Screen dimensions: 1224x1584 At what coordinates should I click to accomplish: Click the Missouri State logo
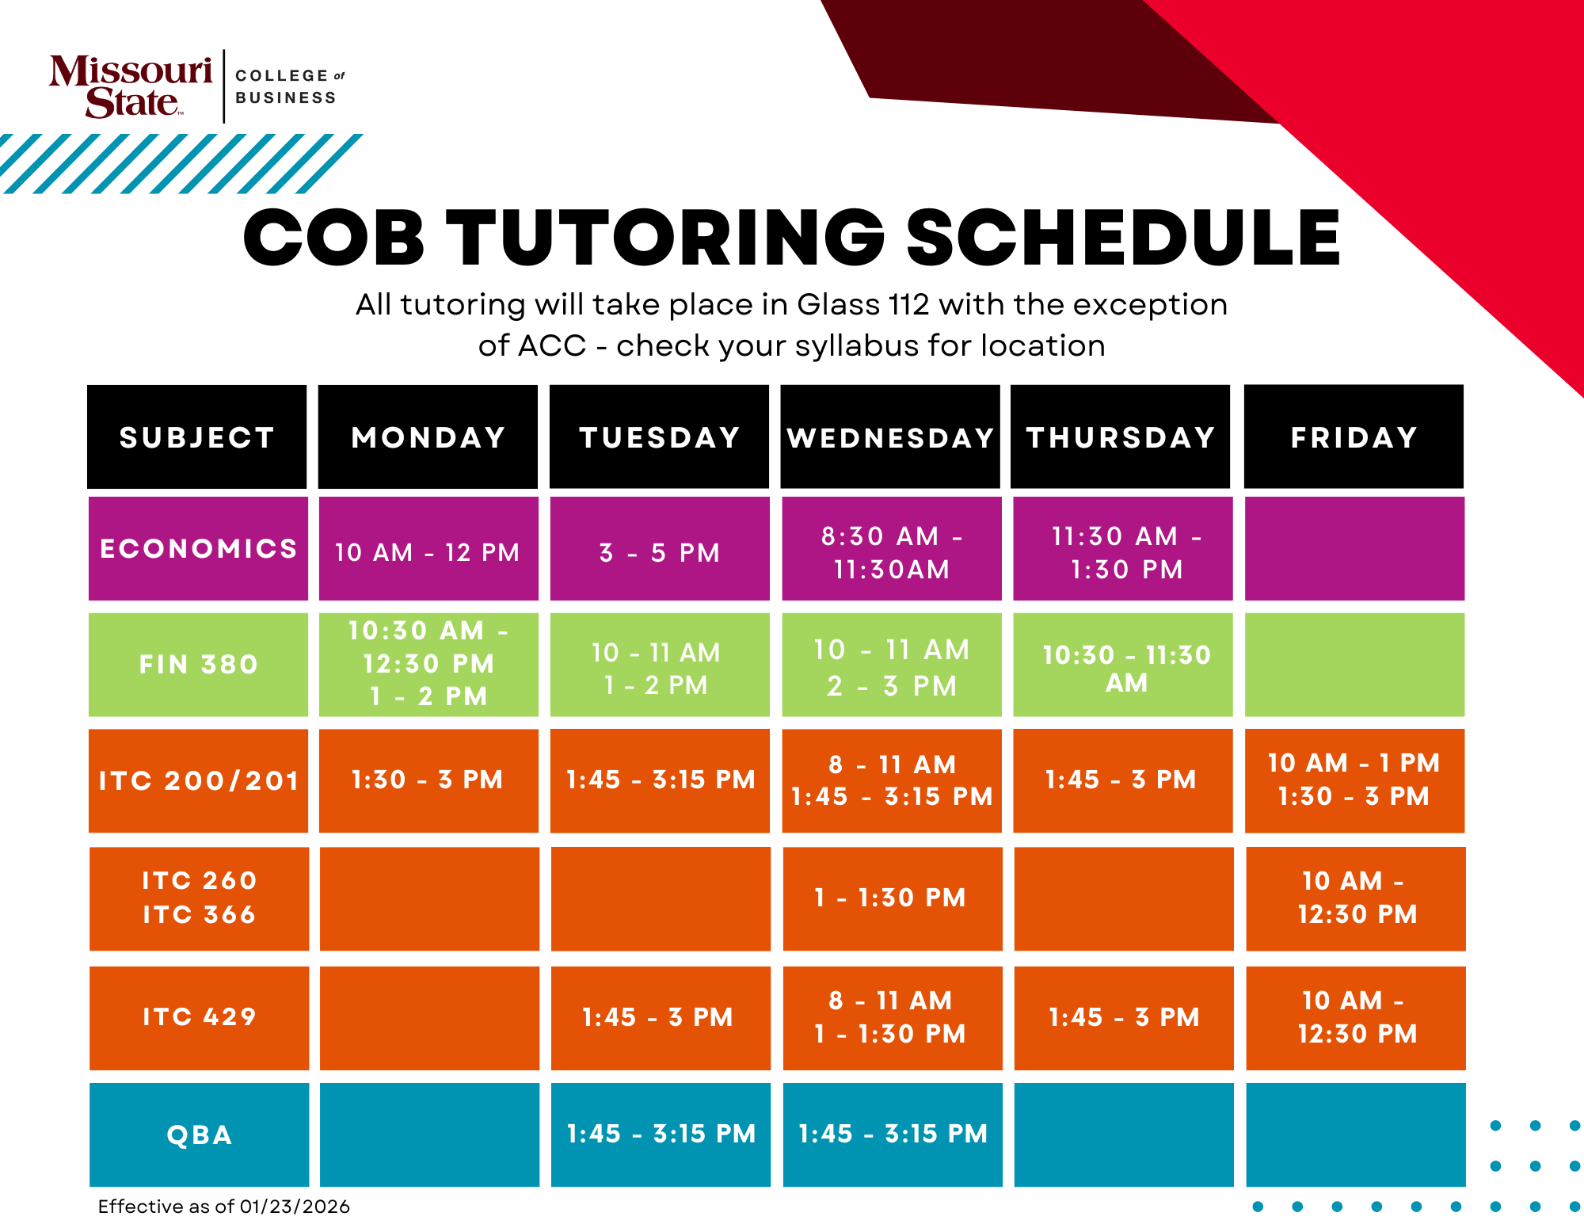pos(131,86)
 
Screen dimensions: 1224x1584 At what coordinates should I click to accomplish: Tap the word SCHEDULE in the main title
pos(1123,238)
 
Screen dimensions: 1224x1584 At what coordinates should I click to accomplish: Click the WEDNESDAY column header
pos(890,437)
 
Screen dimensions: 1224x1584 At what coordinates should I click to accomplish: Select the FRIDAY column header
pos(1354,437)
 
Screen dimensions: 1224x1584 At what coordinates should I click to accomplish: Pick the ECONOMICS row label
pos(198,548)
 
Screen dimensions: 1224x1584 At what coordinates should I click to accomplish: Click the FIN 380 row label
pos(198,664)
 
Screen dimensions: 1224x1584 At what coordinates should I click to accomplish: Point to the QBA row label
pos(199,1134)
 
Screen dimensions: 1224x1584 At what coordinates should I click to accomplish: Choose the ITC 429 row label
pos(199,1016)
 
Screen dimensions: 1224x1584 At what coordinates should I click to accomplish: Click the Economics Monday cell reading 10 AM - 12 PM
pos(428,551)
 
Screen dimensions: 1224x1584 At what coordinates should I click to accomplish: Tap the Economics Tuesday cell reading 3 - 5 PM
pos(660,551)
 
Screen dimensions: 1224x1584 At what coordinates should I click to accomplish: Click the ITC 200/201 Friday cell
pos(1354,780)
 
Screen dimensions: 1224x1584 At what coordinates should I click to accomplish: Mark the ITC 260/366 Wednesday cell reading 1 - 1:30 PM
pos(891,897)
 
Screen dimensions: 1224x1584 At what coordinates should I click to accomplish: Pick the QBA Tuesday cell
pos(661,1134)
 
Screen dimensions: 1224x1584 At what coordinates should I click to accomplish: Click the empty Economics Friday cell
pos(1354,548)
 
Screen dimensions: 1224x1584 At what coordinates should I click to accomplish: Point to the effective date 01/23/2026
pos(295,1206)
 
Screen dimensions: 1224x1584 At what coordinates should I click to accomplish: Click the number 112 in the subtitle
pos(908,304)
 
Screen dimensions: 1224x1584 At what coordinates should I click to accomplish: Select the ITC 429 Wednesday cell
pos(891,1016)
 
